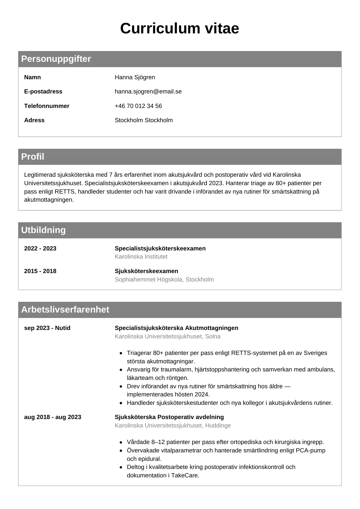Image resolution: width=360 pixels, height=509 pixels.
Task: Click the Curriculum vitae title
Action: coord(180,28)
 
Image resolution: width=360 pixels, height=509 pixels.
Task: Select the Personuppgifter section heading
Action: coord(56,59)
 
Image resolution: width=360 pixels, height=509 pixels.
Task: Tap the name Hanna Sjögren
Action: coord(135,77)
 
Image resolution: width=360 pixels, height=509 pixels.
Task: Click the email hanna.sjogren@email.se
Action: coord(148,91)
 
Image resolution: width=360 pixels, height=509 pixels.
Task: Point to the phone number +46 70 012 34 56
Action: coord(138,106)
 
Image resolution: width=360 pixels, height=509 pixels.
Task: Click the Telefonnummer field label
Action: coord(47,106)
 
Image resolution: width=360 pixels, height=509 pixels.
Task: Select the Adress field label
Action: coord(34,120)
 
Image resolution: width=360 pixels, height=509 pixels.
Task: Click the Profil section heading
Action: coord(33,157)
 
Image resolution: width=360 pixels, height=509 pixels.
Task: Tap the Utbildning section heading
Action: coord(44,230)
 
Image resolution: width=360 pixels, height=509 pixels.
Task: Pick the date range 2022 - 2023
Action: coord(40,248)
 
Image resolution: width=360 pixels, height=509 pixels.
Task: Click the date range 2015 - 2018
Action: coord(40,271)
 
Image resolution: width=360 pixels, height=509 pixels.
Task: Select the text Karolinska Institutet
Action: coord(141,257)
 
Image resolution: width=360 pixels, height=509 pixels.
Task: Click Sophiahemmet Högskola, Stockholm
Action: coord(164,279)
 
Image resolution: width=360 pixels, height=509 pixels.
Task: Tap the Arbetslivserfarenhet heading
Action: coord(65,310)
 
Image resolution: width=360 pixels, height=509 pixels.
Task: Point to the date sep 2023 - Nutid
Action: coord(47,328)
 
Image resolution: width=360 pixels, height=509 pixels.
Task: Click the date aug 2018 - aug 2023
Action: coord(53,417)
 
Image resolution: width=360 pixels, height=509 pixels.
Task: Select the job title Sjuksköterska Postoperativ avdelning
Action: coord(169,417)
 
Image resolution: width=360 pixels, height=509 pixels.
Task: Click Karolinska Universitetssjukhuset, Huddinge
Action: coord(173,425)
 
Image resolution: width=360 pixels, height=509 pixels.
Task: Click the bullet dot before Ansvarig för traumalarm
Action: coord(121,370)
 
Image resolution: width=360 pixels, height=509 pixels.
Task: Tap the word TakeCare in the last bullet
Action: coord(184,475)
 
